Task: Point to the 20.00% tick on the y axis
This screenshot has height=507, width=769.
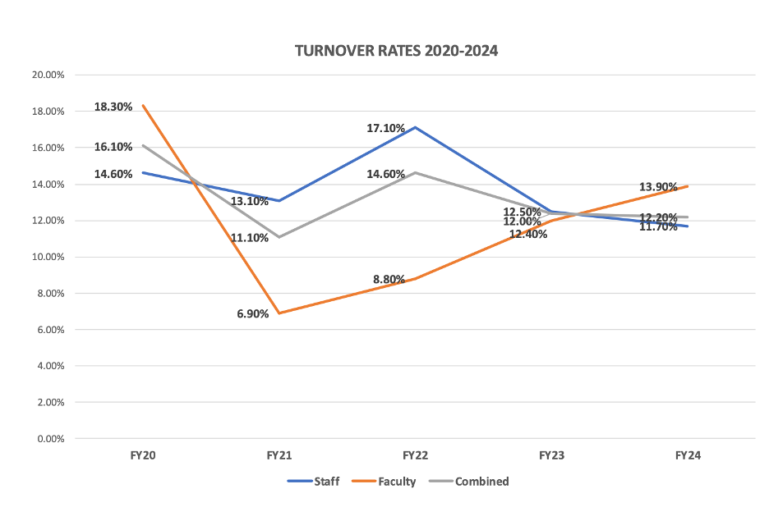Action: (x=48, y=75)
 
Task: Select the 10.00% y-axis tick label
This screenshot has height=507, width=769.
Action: (x=48, y=257)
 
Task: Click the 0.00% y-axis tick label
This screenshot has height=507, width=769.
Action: (x=50, y=439)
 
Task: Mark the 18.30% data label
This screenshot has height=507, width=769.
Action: (x=113, y=107)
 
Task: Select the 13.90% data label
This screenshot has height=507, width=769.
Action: (x=659, y=188)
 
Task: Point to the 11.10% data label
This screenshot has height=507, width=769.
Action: (x=250, y=238)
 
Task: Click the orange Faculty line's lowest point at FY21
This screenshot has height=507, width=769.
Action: (x=279, y=313)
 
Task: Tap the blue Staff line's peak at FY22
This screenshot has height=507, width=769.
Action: (x=416, y=127)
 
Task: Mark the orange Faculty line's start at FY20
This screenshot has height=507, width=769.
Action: (x=143, y=105)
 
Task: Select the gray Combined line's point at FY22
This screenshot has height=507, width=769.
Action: (x=416, y=172)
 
